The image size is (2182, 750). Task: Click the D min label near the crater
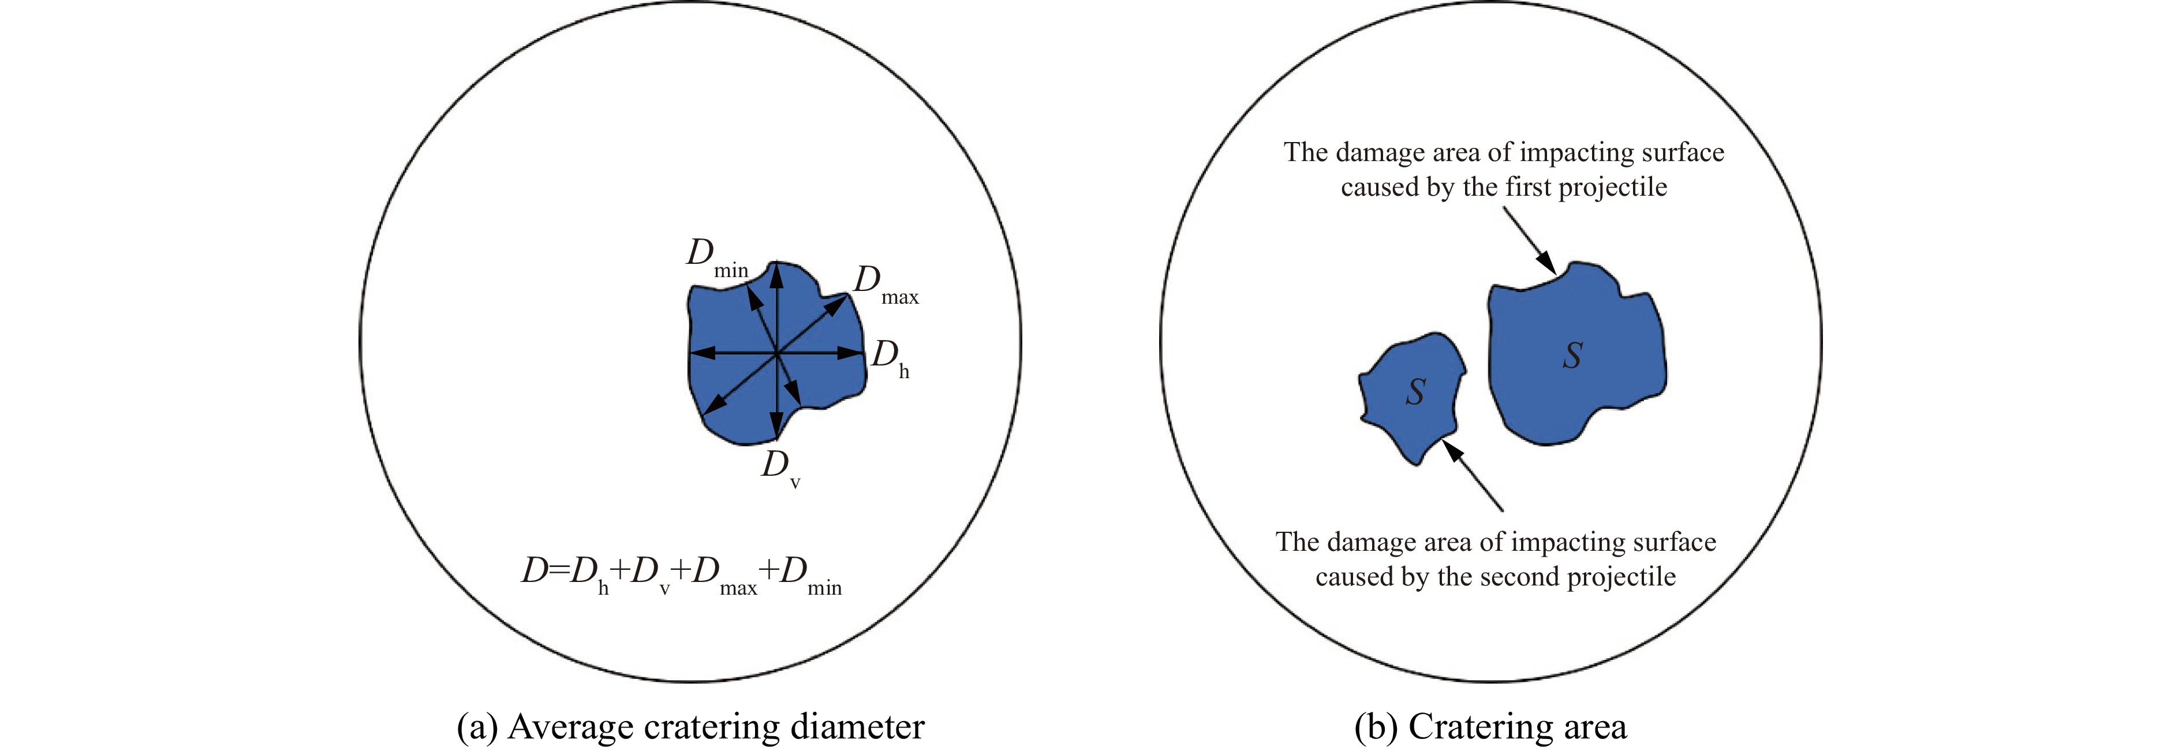[x=716, y=258]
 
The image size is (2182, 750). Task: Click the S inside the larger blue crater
[x=1572, y=356]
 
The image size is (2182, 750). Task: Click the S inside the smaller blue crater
[x=1415, y=391]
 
